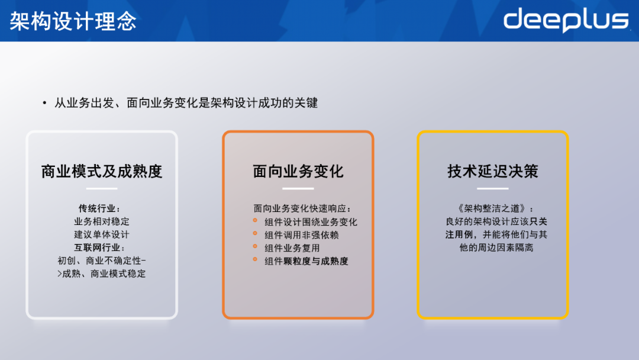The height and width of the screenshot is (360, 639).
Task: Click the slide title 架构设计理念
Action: click(73, 21)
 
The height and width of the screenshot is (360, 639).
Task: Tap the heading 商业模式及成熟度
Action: click(102, 172)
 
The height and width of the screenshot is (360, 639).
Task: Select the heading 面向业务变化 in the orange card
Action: click(298, 172)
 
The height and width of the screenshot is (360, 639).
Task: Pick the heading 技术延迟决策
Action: click(493, 172)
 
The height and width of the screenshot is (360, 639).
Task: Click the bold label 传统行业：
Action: click(102, 208)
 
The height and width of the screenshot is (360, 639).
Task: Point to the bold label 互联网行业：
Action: click(102, 247)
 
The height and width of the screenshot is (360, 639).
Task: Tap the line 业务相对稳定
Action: click(102, 221)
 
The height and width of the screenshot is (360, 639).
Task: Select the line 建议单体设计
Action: click(102, 234)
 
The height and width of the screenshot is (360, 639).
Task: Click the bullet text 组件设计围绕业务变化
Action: click(311, 222)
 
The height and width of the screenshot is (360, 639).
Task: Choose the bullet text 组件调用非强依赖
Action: click(302, 235)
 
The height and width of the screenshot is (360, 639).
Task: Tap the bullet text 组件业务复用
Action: click(292, 248)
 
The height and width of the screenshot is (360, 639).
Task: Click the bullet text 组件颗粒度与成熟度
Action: click(306, 261)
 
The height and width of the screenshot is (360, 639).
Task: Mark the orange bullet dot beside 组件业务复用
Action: click(255, 247)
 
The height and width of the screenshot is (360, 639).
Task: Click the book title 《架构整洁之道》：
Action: click(493, 208)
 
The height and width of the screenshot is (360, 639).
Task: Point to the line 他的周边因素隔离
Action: click(493, 247)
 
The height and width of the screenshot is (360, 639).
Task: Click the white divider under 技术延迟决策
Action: click(493, 189)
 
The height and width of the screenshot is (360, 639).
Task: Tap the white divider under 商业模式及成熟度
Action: click(102, 189)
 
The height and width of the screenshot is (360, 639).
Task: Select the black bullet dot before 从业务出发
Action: click(44, 104)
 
